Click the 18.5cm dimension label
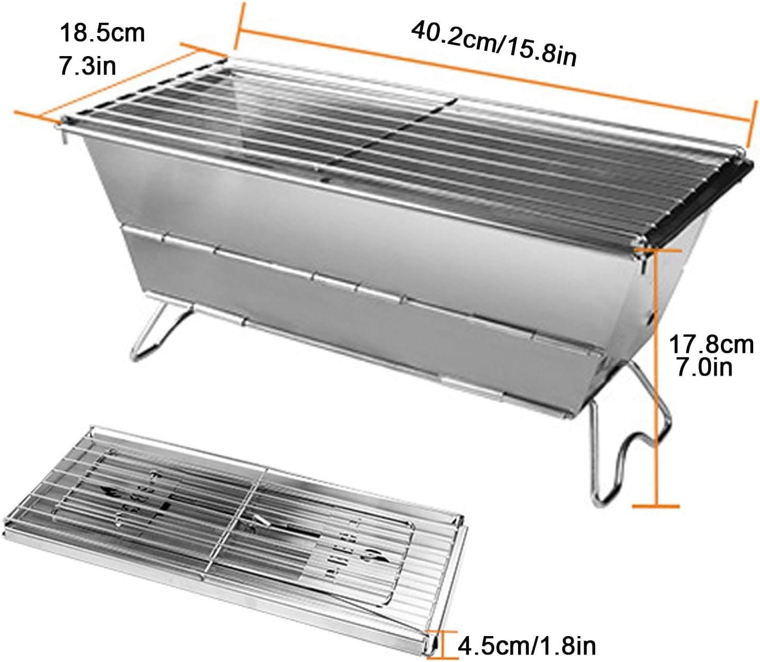click(102, 33)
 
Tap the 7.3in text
click(87, 66)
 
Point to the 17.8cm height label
click(711, 344)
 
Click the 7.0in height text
click(704, 367)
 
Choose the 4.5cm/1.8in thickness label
click(527, 646)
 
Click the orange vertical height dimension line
click(656, 370)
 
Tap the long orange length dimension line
click(492, 74)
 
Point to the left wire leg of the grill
click(159, 331)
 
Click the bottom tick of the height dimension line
click(656, 506)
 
